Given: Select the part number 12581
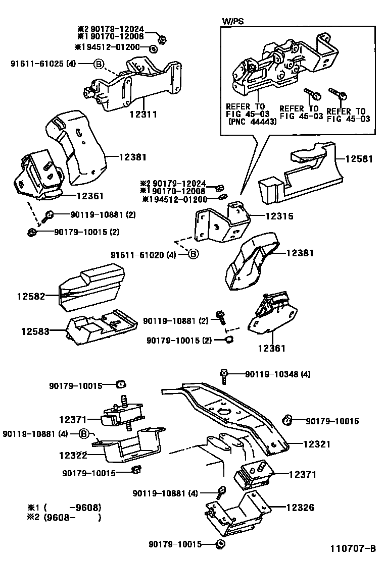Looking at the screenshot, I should coord(359,159).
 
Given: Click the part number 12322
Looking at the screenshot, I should coord(74,455).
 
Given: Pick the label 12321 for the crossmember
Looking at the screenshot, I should coord(317,444).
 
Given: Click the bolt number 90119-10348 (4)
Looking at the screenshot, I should coord(278,374).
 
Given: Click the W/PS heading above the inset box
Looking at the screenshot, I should coord(232,22).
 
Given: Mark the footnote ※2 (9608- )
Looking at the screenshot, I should coord(65,517).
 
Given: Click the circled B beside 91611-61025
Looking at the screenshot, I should coord(99,64).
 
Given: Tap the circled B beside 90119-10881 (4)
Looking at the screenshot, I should coord(84,433).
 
